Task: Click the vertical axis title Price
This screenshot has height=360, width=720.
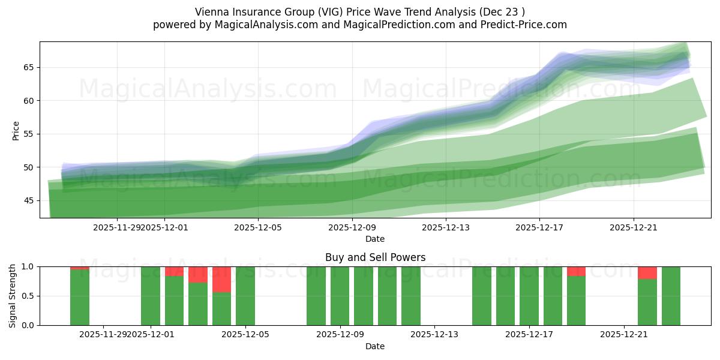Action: [x=16, y=130]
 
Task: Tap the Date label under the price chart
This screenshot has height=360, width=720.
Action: [x=375, y=239]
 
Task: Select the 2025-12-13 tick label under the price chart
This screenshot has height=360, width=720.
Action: [x=446, y=227]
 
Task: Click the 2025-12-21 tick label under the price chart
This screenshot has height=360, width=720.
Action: [x=634, y=227]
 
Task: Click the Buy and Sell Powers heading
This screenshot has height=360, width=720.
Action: [x=375, y=257]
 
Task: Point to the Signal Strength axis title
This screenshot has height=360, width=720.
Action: [x=13, y=295]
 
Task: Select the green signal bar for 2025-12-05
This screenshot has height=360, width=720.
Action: [x=245, y=296]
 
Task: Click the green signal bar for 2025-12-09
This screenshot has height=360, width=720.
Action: [x=340, y=296]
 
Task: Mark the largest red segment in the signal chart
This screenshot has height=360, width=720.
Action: [x=221, y=279]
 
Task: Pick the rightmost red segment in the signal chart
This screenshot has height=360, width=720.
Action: [x=647, y=272]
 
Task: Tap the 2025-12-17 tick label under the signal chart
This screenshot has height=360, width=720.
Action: [x=529, y=334]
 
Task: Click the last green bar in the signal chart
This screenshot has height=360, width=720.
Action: [x=671, y=296]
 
